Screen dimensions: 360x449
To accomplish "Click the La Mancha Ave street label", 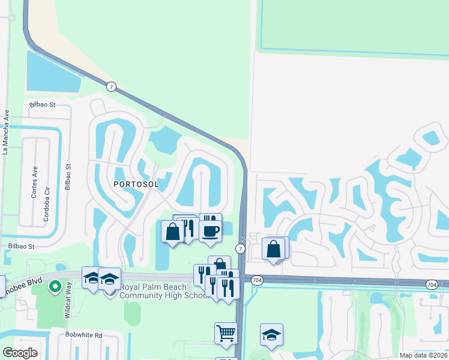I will coord(6,132).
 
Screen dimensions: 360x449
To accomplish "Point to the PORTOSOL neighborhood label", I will coord(136,184).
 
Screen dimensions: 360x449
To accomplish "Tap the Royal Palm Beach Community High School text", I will coord(162,291).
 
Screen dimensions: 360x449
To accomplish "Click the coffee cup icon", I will coord(210,231).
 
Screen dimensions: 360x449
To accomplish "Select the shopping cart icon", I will coord(226,332).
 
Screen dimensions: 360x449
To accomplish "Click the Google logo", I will coord(20,353).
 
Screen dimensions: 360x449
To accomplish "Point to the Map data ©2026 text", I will coord(424,355).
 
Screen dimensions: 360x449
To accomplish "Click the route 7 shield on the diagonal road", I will coord(111,86).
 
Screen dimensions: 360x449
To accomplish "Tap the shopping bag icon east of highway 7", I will coord(273,248).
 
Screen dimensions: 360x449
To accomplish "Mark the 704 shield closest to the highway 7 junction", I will coord(257,280).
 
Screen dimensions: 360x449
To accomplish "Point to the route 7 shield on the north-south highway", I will coord(240,248).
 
